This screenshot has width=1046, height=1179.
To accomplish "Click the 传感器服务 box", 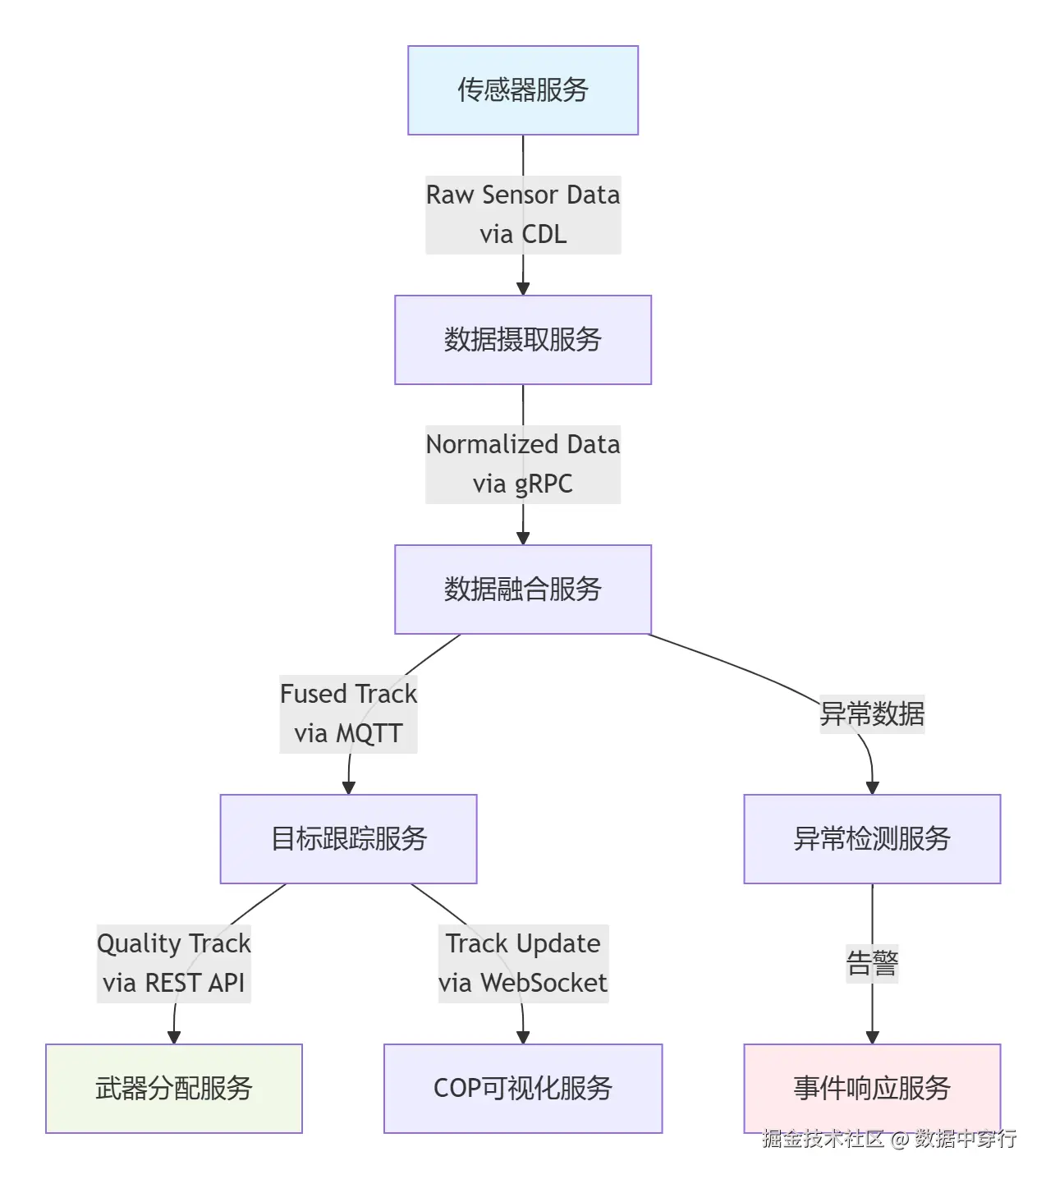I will pos(522,90).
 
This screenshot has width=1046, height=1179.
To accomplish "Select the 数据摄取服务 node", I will pos(522,340).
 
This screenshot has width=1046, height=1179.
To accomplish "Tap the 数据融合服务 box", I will pos(522,589).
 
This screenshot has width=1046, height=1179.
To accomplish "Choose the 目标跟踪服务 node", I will pos(348,839).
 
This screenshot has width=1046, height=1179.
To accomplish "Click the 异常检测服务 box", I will pos(871,839).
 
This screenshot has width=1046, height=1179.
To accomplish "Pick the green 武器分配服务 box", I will pos(173,1089).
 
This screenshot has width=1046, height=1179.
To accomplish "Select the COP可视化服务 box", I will pos(522,1089).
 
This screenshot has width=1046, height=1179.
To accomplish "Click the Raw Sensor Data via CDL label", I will pos(522,215).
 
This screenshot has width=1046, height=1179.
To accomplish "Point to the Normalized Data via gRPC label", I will pos(522,465).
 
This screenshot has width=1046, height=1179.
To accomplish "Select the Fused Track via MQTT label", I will pos(348,714).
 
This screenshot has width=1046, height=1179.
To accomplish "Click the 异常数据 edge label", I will pos(871,714).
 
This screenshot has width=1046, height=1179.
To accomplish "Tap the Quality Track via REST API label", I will pos(173,964).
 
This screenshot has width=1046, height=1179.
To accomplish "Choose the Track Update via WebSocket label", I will pos(522,964).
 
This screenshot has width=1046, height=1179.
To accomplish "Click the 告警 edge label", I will pos(871,964).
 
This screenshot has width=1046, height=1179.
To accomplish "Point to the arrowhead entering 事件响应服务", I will pos(871,1038).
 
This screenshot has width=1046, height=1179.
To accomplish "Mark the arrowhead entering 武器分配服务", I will pos(173,1038).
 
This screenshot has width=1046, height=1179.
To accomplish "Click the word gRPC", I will pos(544,484).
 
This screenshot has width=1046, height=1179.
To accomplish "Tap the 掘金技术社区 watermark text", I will pos(823,1139).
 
